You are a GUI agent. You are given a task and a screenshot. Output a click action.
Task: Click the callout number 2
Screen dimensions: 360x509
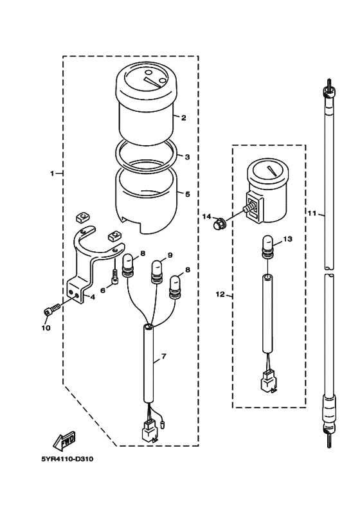click(x=183, y=118)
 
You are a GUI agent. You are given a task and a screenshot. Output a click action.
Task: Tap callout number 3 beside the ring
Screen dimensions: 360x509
click(x=187, y=157)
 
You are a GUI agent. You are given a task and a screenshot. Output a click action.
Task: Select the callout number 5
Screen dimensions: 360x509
click(x=187, y=194)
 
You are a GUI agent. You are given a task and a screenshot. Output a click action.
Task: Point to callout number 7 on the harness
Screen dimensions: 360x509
click(x=163, y=357)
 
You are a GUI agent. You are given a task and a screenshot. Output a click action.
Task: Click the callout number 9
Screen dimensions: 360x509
click(x=171, y=255)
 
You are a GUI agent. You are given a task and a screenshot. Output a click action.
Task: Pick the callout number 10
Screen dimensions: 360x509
click(x=46, y=328)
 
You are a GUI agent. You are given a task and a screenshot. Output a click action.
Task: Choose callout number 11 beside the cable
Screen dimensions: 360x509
click(x=312, y=213)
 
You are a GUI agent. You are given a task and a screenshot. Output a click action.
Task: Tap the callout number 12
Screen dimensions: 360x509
click(x=220, y=294)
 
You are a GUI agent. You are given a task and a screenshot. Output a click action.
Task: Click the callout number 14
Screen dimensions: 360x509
click(x=207, y=217)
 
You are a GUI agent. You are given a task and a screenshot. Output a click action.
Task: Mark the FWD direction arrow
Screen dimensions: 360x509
click(x=64, y=441)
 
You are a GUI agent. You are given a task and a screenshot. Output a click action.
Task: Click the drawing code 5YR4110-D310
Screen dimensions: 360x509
click(x=67, y=459)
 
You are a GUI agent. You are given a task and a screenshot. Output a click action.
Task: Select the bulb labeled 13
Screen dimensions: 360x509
click(x=267, y=247)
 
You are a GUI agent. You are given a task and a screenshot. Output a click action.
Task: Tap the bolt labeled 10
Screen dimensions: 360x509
click(x=51, y=309)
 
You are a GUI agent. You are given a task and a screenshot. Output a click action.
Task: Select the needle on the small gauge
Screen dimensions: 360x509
click(x=272, y=172)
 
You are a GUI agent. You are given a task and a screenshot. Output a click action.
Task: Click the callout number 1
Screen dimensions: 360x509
click(x=52, y=174)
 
